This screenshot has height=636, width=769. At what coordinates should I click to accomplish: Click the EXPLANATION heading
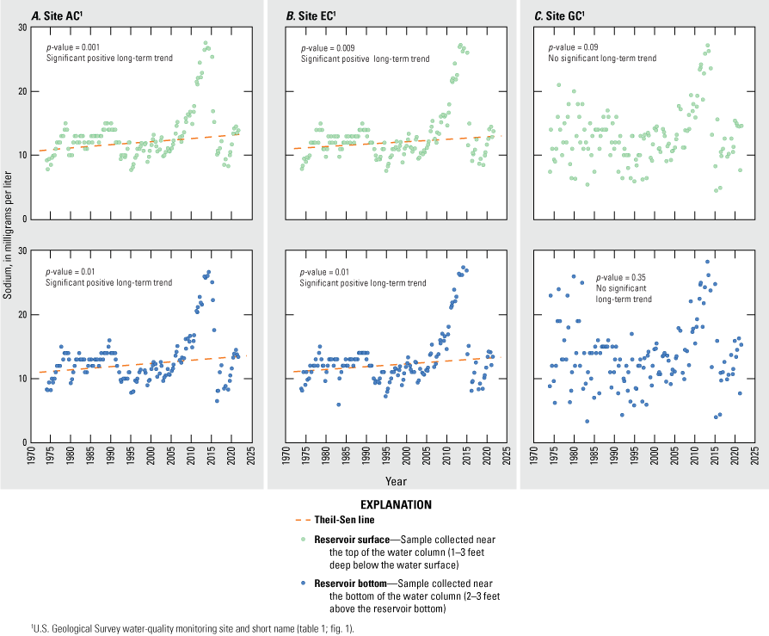384,505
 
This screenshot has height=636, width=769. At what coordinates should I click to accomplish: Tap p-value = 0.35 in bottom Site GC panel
611,278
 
